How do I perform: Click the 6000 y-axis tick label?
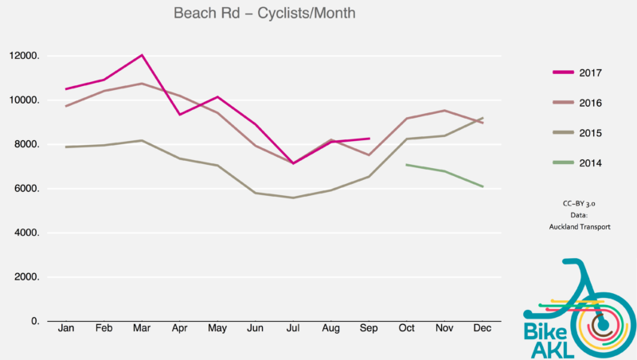coord(25,189)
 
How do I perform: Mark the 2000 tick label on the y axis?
coord(25,277)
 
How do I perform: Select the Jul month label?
coord(294,329)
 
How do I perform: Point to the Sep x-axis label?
coord(369,329)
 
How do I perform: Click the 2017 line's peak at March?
coord(142,55)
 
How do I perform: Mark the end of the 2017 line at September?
coord(369,139)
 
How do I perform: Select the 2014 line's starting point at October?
coord(407,165)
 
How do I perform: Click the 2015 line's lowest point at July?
coord(294,198)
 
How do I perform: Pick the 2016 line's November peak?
coord(444,111)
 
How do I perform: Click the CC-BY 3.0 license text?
coord(579,204)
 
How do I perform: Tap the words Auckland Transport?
coord(579,227)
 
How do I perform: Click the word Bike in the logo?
coord(544,330)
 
